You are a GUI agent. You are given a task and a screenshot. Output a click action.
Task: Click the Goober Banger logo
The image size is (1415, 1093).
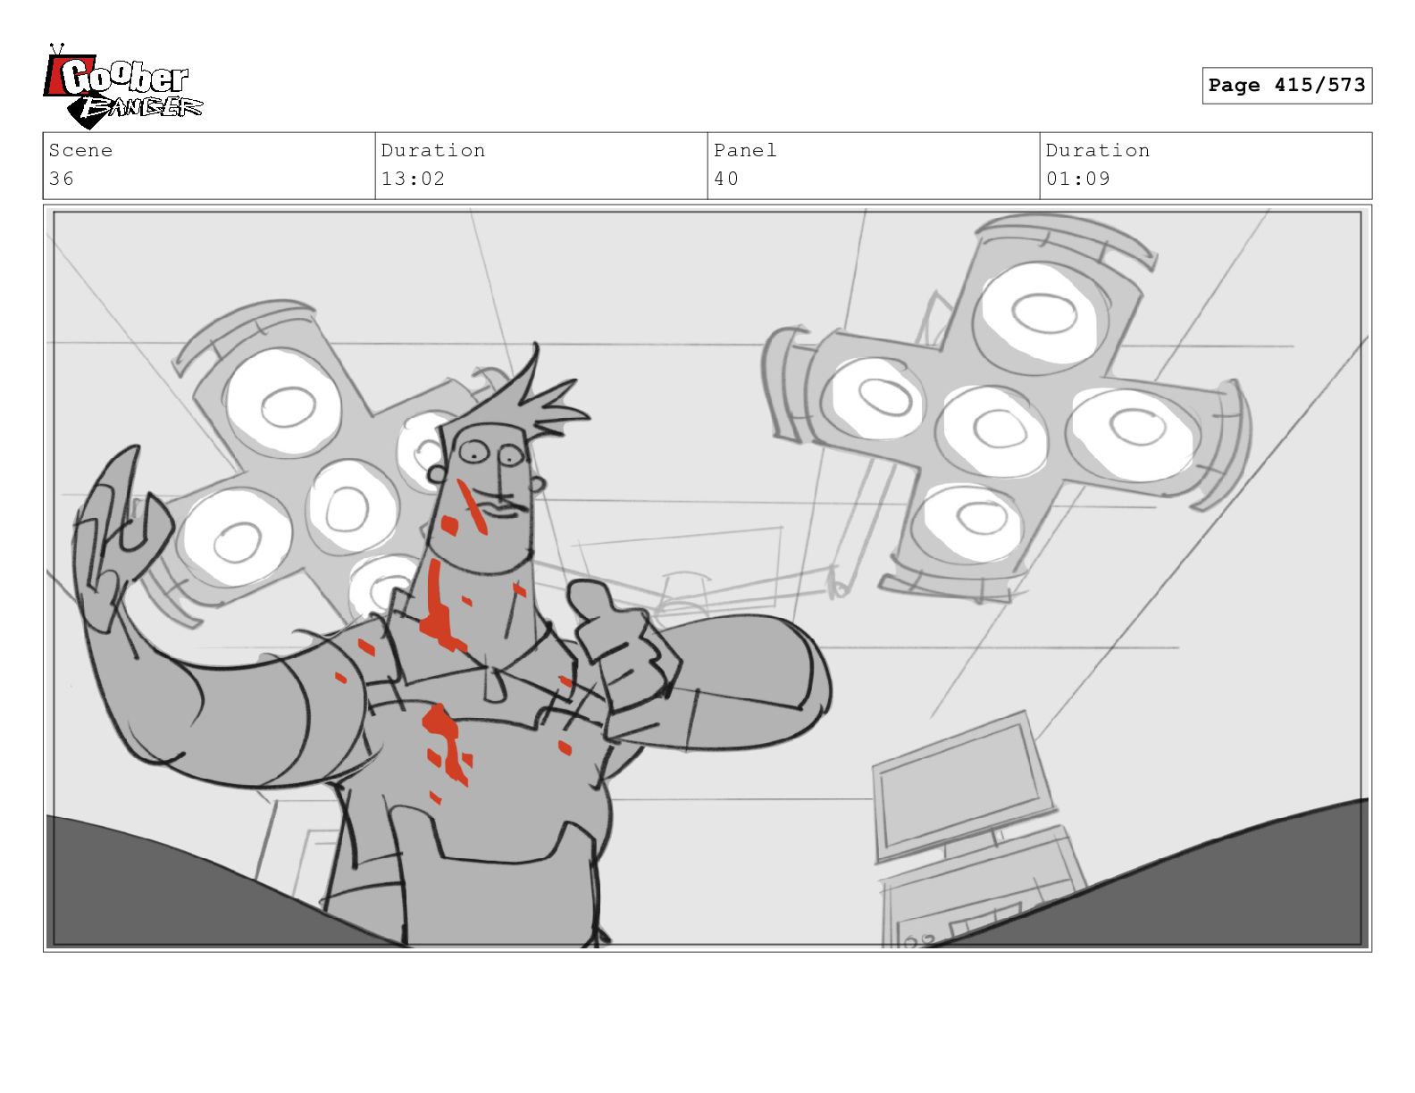[123, 88]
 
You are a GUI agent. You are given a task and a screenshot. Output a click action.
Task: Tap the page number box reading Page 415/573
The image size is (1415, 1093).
[1286, 85]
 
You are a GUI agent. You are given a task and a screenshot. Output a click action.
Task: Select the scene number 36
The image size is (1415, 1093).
[62, 179]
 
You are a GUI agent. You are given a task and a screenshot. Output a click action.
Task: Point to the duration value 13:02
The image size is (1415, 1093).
[413, 179]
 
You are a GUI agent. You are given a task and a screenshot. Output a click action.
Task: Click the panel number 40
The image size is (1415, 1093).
[726, 179]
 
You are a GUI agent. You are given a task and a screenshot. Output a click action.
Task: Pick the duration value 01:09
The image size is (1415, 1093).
[1077, 179]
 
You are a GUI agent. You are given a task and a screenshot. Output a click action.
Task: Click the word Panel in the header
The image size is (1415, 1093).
[745, 150]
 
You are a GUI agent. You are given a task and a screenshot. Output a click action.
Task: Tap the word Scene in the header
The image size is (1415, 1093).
[80, 150]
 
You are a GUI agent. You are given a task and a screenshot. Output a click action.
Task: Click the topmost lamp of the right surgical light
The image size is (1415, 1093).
[1040, 317]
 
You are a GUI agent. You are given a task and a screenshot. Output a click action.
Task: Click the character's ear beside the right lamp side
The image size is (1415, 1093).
[536, 483]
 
